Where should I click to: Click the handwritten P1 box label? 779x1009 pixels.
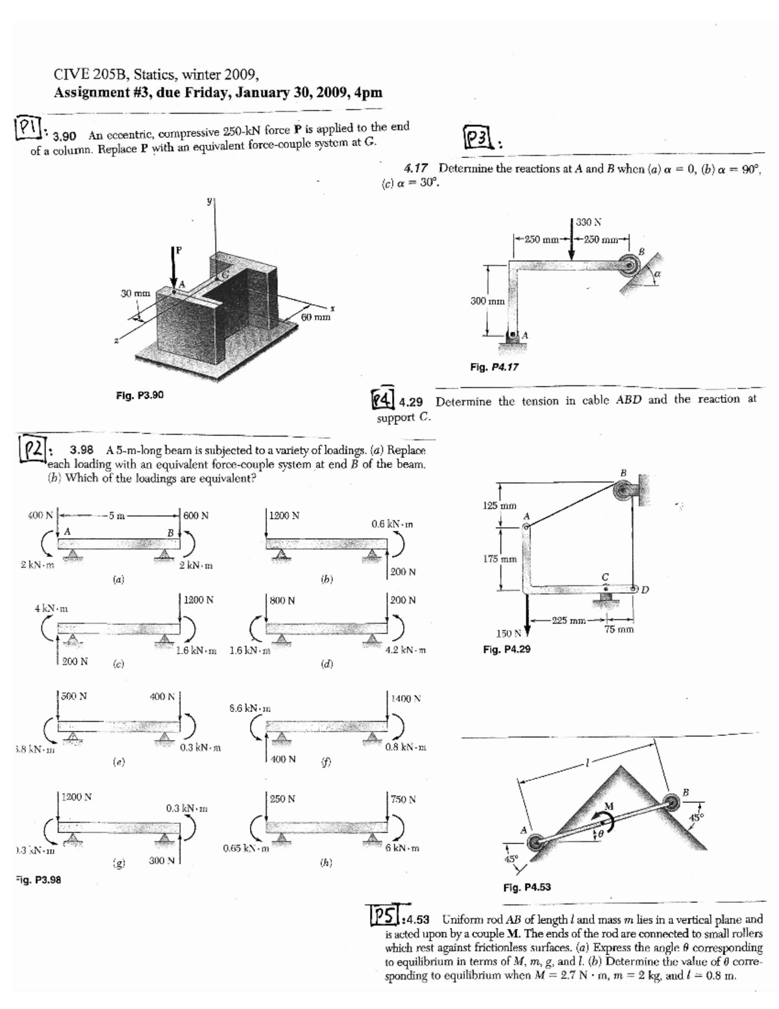pos(25,125)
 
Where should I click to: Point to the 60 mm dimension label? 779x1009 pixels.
pos(317,318)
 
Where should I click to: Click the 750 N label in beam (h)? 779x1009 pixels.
pos(403,798)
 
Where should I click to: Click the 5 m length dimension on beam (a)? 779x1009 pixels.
pos(117,516)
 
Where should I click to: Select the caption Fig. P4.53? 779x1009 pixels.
pos(527,887)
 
